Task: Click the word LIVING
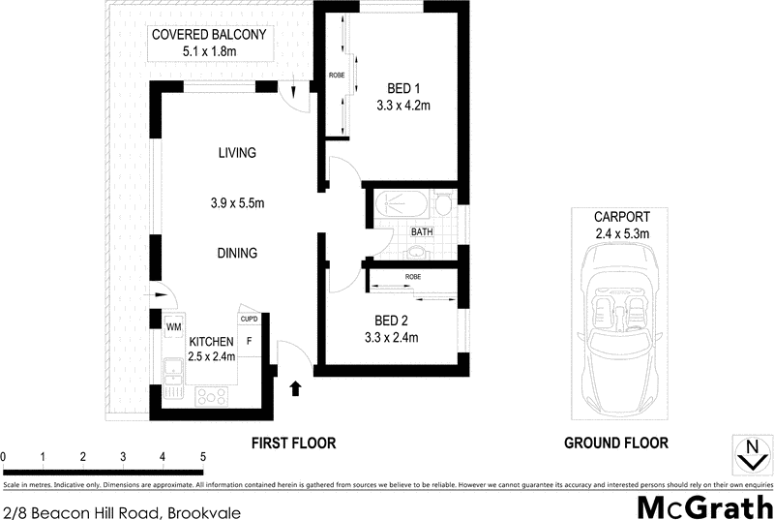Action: point(236,153)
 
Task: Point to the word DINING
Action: point(236,254)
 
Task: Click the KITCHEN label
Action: point(210,342)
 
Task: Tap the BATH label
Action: point(422,232)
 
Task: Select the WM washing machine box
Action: point(174,327)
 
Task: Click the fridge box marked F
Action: point(250,341)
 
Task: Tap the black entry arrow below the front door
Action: point(295,388)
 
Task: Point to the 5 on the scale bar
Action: point(202,456)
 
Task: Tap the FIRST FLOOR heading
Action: point(293,444)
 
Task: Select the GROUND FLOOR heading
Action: point(615,444)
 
